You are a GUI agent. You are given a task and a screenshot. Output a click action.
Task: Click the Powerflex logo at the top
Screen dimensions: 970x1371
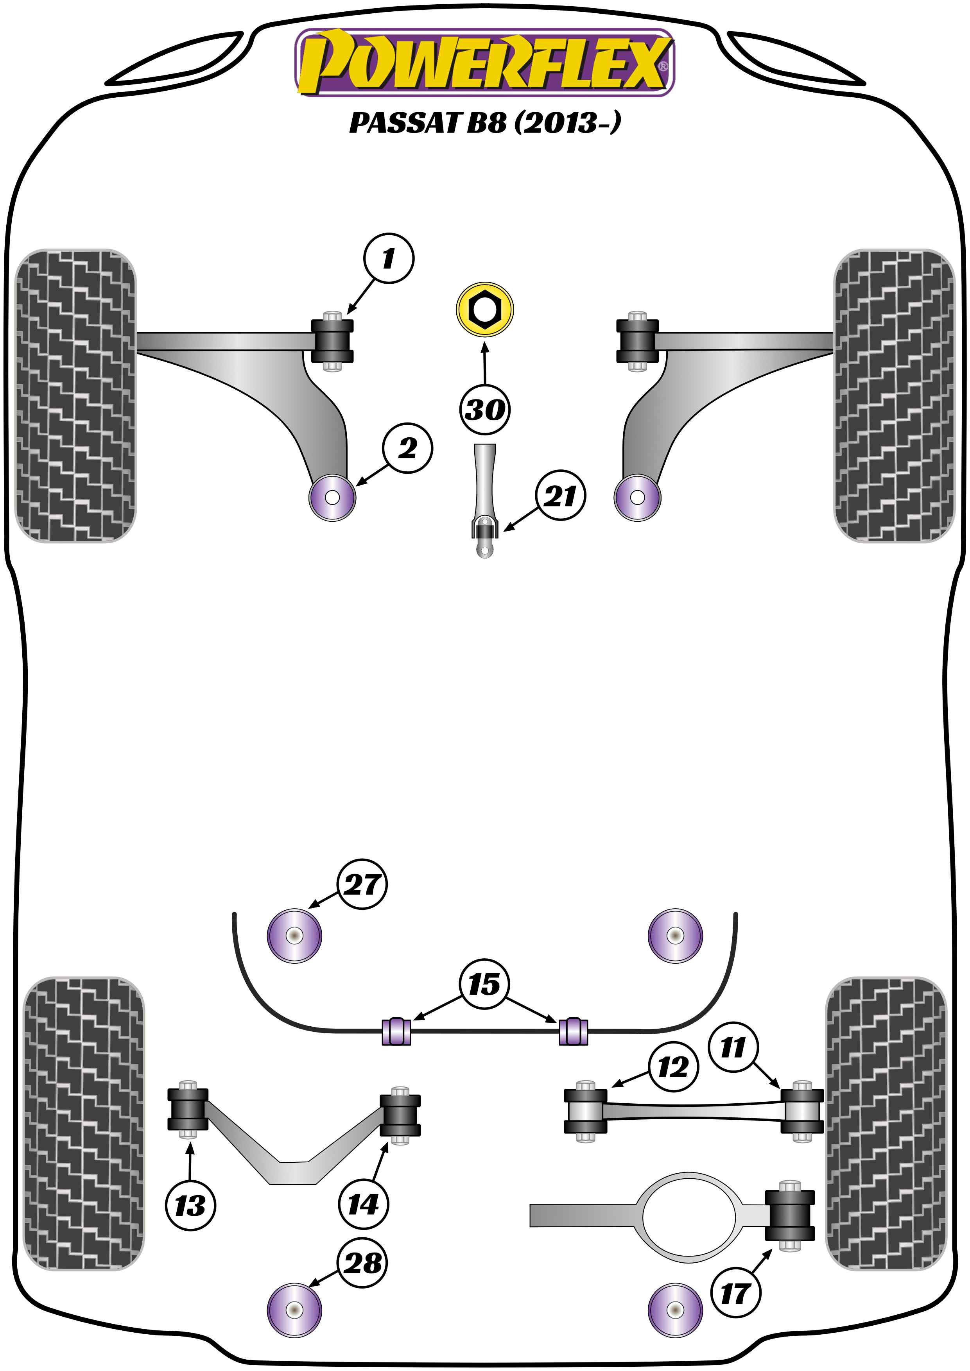pyautogui.click(x=484, y=63)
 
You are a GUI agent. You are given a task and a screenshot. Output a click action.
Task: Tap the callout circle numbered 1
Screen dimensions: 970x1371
pyautogui.click(x=388, y=258)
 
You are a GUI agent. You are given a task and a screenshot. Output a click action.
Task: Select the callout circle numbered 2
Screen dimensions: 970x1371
pyautogui.click(x=408, y=448)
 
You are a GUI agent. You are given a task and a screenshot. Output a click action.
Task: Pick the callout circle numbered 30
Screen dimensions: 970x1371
pyautogui.click(x=484, y=410)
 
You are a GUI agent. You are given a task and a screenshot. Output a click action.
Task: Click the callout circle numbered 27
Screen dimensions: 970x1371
pyautogui.click(x=362, y=884)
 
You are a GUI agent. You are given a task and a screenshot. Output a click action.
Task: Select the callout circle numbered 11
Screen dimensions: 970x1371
pyautogui.click(x=733, y=1047)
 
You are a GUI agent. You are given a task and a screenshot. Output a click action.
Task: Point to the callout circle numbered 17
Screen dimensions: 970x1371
pyautogui.click(x=736, y=1293)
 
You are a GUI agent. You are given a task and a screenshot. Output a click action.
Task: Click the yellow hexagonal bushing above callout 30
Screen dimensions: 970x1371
pyautogui.click(x=484, y=309)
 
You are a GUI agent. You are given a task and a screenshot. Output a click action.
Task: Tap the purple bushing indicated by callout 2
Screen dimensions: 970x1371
pyautogui.click(x=332, y=498)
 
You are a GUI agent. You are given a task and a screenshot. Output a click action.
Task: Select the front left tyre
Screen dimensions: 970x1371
pyautogui.click(x=75, y=395)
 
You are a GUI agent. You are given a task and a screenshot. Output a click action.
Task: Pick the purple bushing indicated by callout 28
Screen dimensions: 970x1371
pyautogui.click(x=294, y=1310)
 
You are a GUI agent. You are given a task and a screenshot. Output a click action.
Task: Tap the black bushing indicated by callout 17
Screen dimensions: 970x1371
pyautogui.click(x=790, y=1215)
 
